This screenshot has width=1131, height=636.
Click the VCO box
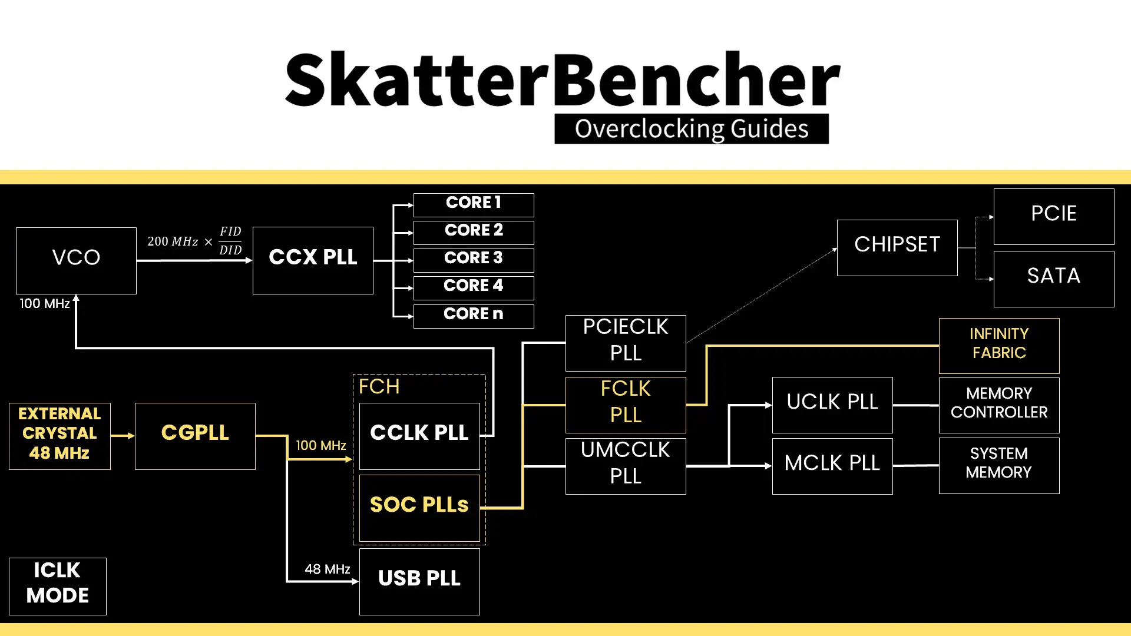click(x=76, y=260)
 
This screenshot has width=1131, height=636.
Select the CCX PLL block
click(x=313, y=260)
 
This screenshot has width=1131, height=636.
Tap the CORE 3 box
click(x=474, y=260)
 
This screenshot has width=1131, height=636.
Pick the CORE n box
click(x=474, y=316)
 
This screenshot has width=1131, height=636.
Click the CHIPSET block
click(x=897, y=247)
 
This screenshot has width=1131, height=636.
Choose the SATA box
click(x=1054, y=279)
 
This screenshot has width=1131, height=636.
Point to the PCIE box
click(x=1054, y=216)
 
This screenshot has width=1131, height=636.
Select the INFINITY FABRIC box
click(x=999, y=346)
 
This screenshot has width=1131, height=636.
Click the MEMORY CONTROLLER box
click(x=999, y=405)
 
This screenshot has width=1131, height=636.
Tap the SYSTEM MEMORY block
click(x=999, y=465)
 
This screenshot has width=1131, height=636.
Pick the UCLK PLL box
click(x=832, y=405)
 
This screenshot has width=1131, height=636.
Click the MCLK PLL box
click(x=832, y=466)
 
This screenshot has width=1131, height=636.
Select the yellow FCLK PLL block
click(x=626, y=405)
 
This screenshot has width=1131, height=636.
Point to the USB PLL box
click(x=419, y=581)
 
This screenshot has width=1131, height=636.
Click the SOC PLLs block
click(x=419, y=508)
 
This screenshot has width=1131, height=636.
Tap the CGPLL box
click(x=195, y=436)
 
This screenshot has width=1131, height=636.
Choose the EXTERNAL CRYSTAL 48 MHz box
click(x=59, y=436)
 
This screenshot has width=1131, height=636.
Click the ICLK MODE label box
click(x=58, y=586)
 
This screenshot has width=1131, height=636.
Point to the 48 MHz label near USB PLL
click(x=327, y=569)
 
